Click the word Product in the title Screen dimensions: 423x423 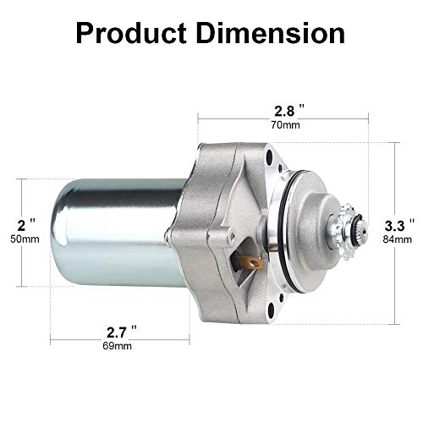tap(131, 33)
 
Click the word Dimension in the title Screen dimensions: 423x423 tap(272, 33)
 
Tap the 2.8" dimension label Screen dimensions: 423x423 tap(289, 111)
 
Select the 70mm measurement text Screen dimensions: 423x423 tap(286, 125)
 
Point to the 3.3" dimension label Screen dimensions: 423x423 tap(400, 225)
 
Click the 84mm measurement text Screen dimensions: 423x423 tap(398, 239)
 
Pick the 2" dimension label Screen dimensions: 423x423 tap(27, 225)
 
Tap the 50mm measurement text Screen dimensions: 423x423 tap(25, 239)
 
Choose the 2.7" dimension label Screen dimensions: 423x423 tap(122, 332)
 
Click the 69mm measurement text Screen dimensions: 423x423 tap(117, 346)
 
